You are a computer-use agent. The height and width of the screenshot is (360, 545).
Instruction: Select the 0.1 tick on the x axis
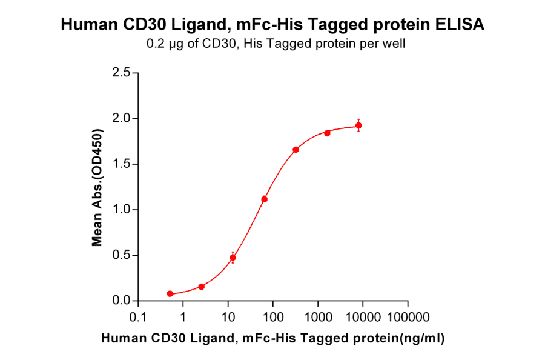point(139,317)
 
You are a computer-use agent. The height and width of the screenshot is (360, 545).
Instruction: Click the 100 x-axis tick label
point(272,317)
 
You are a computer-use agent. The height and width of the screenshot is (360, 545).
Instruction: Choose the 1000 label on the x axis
point(317,317)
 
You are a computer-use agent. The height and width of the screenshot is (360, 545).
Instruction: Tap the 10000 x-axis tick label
point(362,317)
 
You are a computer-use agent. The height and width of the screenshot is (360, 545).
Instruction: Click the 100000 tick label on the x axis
point(407,317)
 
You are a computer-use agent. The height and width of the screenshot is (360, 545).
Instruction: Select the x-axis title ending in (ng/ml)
point(272,338)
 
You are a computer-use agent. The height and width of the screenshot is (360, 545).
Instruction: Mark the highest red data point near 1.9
point(358,125)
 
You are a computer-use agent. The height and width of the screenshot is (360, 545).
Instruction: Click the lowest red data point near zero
point(170,294)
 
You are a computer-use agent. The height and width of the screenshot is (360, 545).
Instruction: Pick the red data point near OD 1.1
point(264,199)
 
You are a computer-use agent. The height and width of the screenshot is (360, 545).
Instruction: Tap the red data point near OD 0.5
point(233,258)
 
